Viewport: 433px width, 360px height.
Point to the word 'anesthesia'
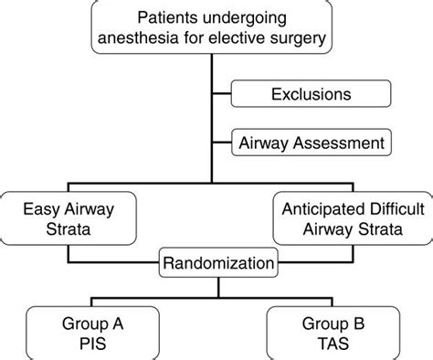coord(138,39)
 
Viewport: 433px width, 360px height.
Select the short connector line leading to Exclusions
coord(224,93)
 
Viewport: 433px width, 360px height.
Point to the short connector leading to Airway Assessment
coord(224,143)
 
